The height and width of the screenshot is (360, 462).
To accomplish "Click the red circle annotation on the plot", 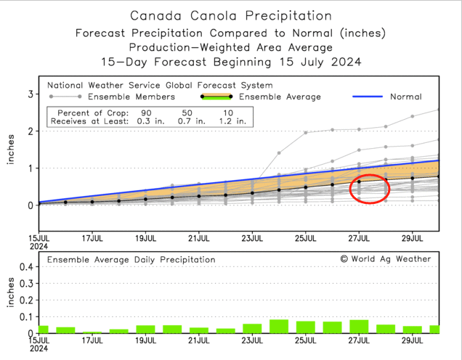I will pyautogui.click(x=369, y=189).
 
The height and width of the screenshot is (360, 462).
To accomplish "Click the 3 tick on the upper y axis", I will pyautogui.click(x=31, y=94).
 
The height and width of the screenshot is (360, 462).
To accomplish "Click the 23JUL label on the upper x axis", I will pyautogui.click(x=252, y=237).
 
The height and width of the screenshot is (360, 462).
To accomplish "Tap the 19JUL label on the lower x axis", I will pyautogui.click(x=145, y=341).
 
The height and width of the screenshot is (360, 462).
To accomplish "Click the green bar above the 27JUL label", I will pyautogui.click(x=359, y=327).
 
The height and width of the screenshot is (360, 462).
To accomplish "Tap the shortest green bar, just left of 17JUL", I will pyautogui.click(x=92, y=332).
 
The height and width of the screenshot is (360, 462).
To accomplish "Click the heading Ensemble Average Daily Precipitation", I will pyautogui.click(x=131, y=259).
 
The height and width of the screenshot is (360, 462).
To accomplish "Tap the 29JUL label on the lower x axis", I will pyautogui.click(x=413, y=341).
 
